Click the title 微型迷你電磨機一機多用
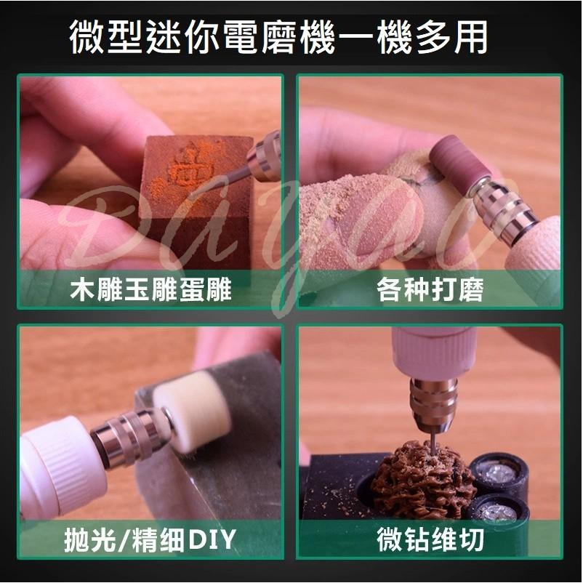(278, 37)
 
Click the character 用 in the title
(469, 37)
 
